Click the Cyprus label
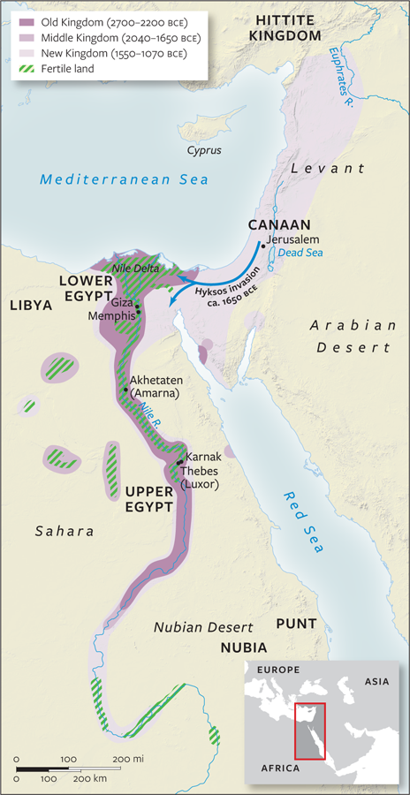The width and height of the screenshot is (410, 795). point(203,150)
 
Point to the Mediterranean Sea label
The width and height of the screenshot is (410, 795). point(125,179)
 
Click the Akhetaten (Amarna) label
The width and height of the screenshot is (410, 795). point(155,386)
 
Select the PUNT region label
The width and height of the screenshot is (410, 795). point(297,623)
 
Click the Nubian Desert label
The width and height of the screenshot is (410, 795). point(197,627)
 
